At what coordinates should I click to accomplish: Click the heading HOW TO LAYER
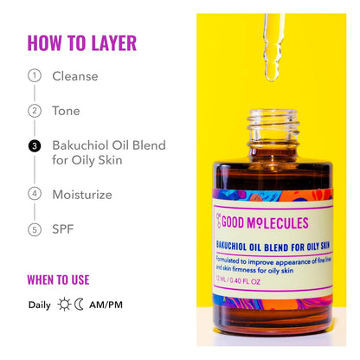[x=81, y=43]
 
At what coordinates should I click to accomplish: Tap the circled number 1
[x=35, y=75]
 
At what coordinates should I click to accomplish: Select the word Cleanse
[x=75, y=75]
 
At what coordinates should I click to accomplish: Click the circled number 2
[x=35, y=111]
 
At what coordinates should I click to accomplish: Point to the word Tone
[x=66, y=111]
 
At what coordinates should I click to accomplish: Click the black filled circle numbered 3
[x=35, y=146]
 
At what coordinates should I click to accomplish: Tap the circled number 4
[x=35, y=194]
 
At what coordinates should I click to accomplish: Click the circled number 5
[x=35, y=229]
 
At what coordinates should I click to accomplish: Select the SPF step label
[x=63, y=229]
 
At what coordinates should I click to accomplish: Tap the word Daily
[x=39, y=305]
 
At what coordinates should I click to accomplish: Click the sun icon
[x=65, y=305]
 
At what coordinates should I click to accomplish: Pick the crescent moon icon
[x=80, y=305]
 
